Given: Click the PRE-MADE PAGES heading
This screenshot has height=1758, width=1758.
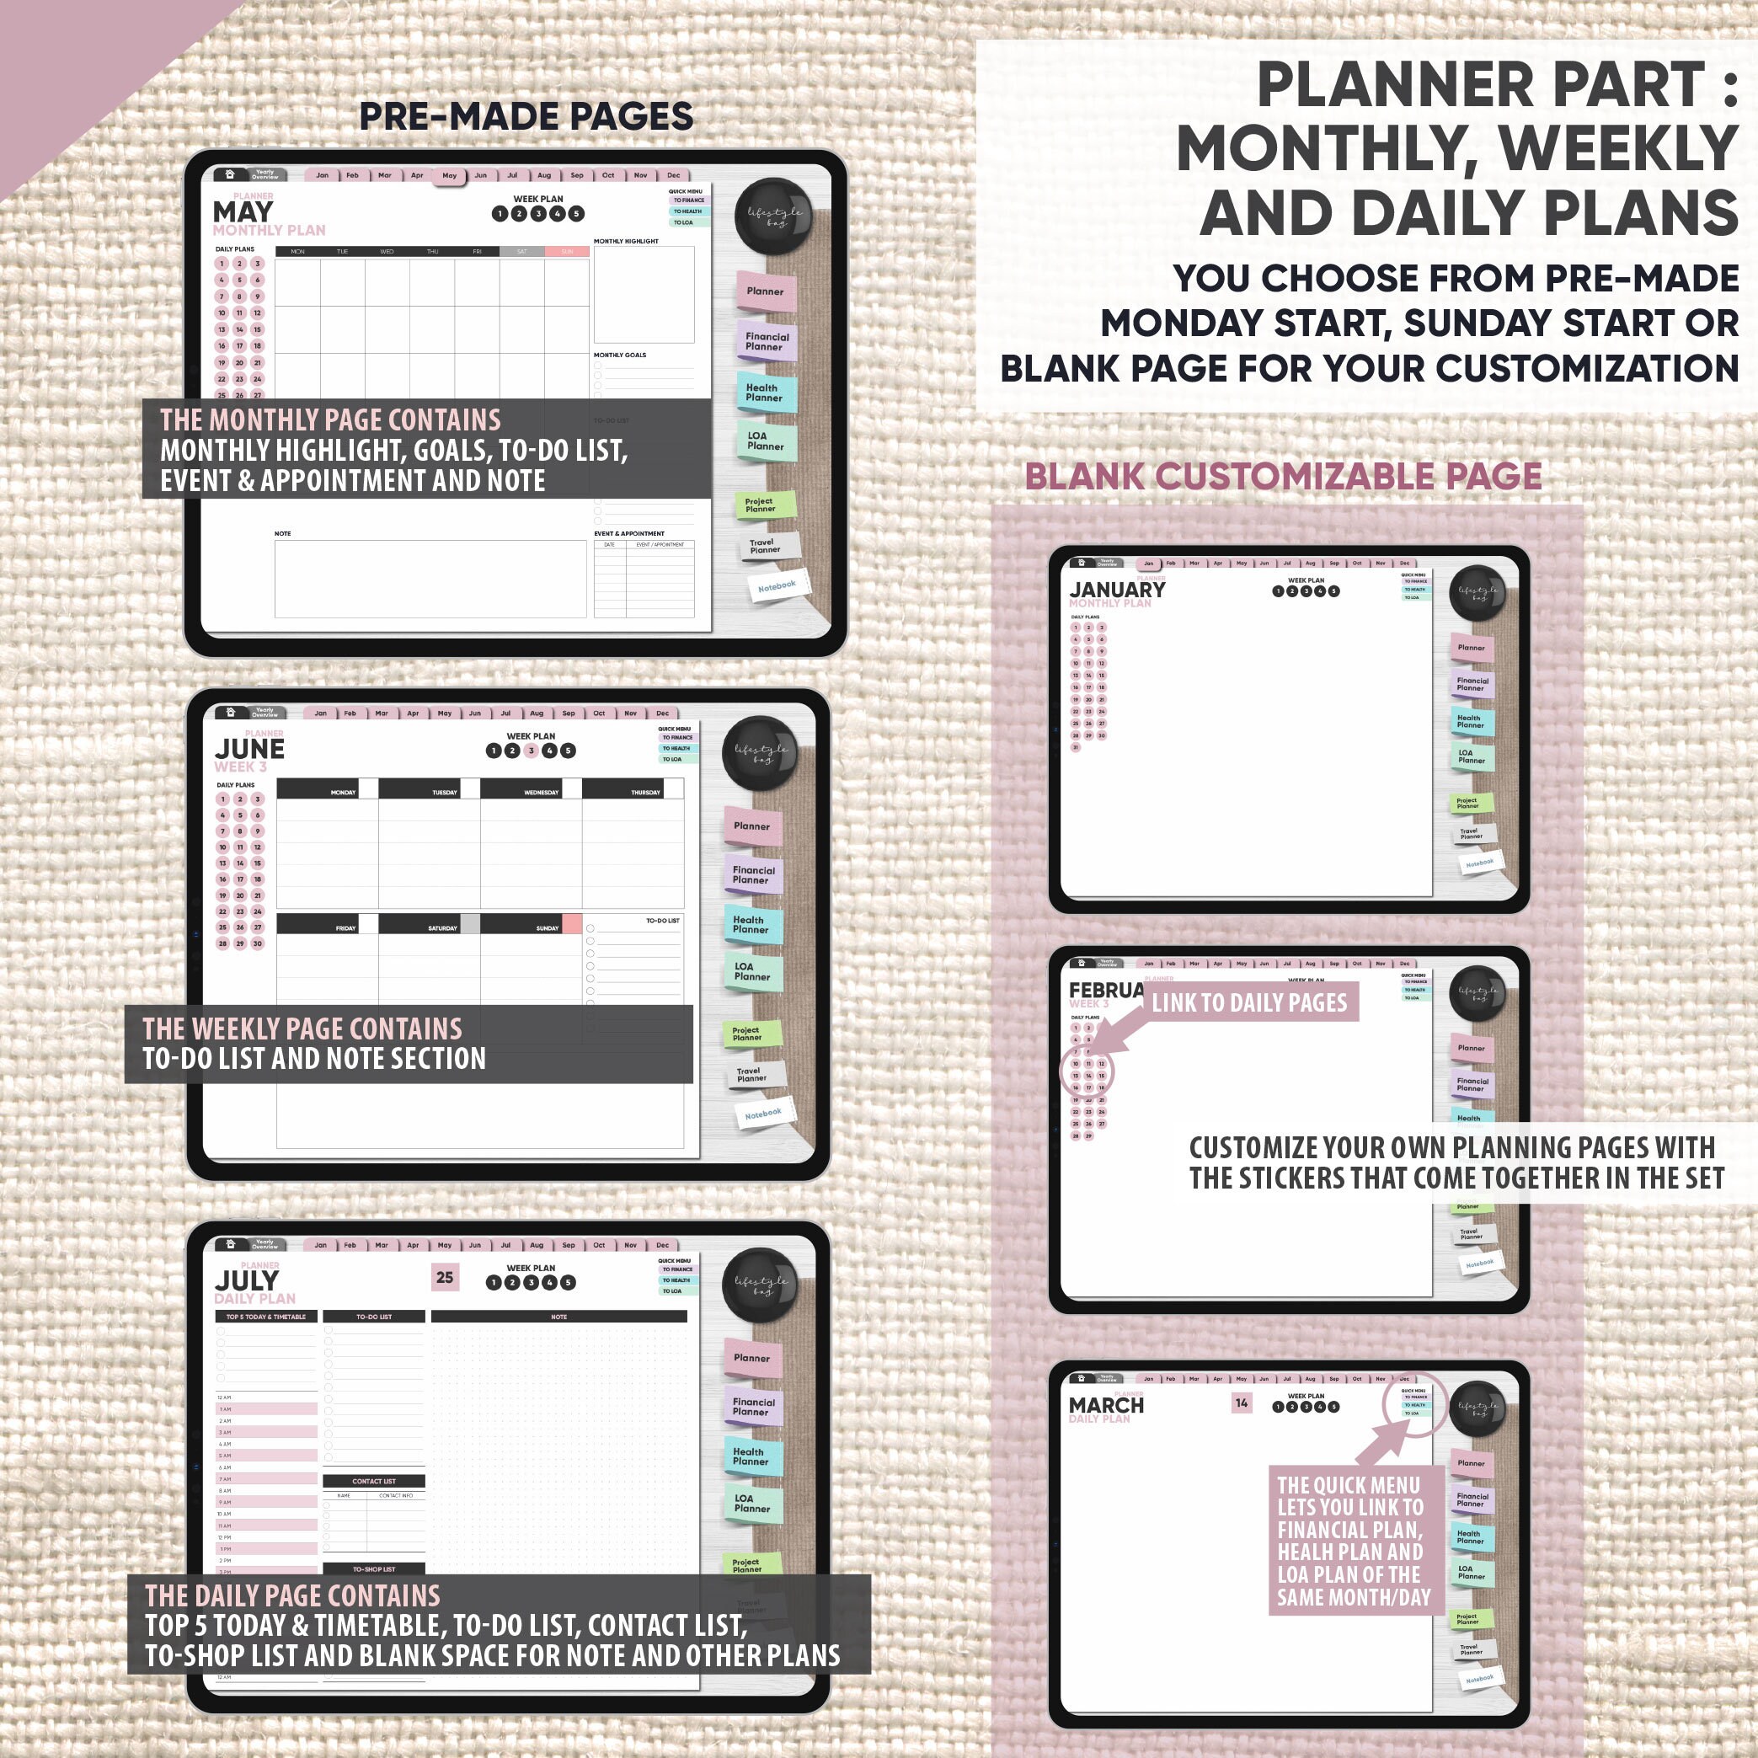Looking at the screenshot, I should (526, 116).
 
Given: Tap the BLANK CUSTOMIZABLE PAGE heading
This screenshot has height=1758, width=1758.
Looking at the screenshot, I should (1283, 476).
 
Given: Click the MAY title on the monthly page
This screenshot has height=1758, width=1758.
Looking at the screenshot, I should (242, 212).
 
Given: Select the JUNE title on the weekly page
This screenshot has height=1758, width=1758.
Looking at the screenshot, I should (249, 749).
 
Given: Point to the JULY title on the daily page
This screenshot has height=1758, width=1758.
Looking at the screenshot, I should (247, 1280).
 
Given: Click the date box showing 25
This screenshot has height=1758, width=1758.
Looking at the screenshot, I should (444, 1278).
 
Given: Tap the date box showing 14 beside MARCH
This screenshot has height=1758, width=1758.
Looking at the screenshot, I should (1241, 1403).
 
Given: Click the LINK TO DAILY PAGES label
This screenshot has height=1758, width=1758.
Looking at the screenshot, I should (1248, 1002).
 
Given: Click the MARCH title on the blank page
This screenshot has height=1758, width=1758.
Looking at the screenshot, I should (1105, 1405).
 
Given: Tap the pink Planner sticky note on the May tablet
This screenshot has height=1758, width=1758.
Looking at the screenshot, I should (764, 291).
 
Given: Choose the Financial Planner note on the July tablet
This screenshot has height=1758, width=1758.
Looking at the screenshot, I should (752, 1407).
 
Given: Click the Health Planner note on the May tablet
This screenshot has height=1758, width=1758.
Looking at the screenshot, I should (764, 393).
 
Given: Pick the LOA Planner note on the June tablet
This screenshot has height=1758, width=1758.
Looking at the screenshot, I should (751, 972).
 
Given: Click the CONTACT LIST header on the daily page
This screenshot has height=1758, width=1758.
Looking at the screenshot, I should (373, 1482).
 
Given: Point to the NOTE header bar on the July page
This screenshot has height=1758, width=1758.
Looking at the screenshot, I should (558, 1317).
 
